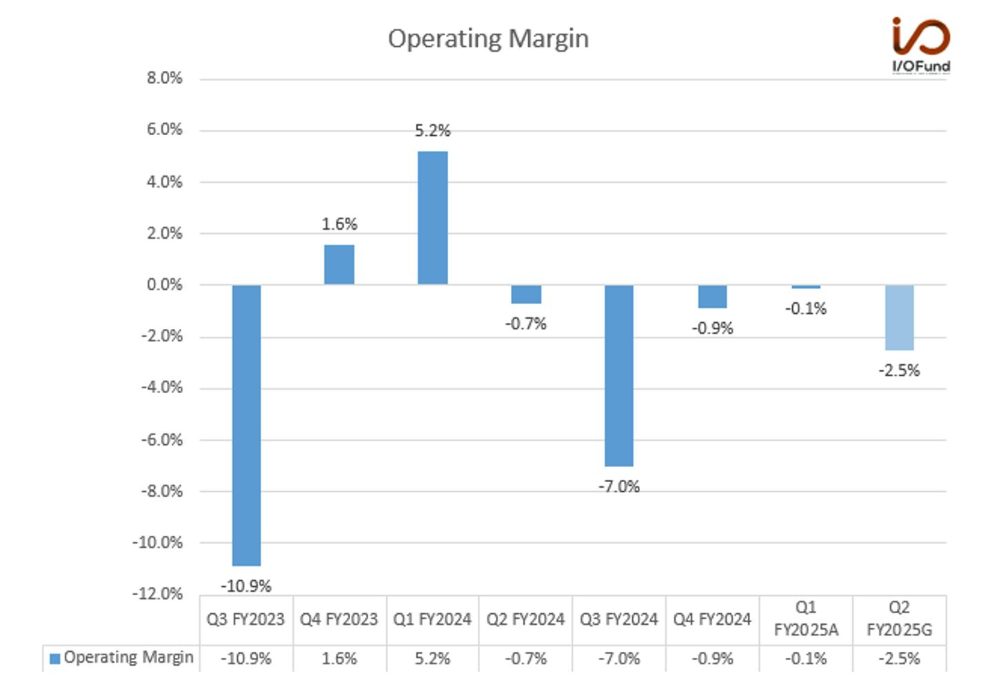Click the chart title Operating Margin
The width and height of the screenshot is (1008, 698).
(488, 39)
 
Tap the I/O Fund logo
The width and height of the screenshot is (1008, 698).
(921, 46)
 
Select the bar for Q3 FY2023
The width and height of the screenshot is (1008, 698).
(247, 426)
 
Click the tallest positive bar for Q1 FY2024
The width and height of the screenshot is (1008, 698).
(432, 218)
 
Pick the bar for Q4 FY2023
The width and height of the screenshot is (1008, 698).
(339, 265)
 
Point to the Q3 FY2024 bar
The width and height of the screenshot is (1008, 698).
(619, 375)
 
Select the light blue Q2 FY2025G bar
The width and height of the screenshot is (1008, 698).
(900, 317)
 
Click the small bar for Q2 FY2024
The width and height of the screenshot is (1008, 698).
(526, 295)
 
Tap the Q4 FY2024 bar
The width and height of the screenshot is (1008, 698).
(712, 297)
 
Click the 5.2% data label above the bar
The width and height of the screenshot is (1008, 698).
(432, 131)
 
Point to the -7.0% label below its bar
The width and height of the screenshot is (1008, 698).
(619, 487)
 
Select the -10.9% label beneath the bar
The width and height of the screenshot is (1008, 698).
(246, 586)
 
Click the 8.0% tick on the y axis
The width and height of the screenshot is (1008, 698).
(164, 79)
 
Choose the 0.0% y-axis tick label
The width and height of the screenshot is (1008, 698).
(164, 285)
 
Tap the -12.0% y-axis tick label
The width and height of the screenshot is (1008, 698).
(157, 594)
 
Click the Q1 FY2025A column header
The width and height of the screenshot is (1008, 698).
(806, 619)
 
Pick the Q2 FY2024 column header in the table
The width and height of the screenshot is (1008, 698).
(525, 619)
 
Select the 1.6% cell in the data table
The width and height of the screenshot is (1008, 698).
(339, 659)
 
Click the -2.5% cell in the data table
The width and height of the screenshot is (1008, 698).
(900, 659)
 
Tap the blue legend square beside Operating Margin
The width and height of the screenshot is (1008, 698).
(55, 659)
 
